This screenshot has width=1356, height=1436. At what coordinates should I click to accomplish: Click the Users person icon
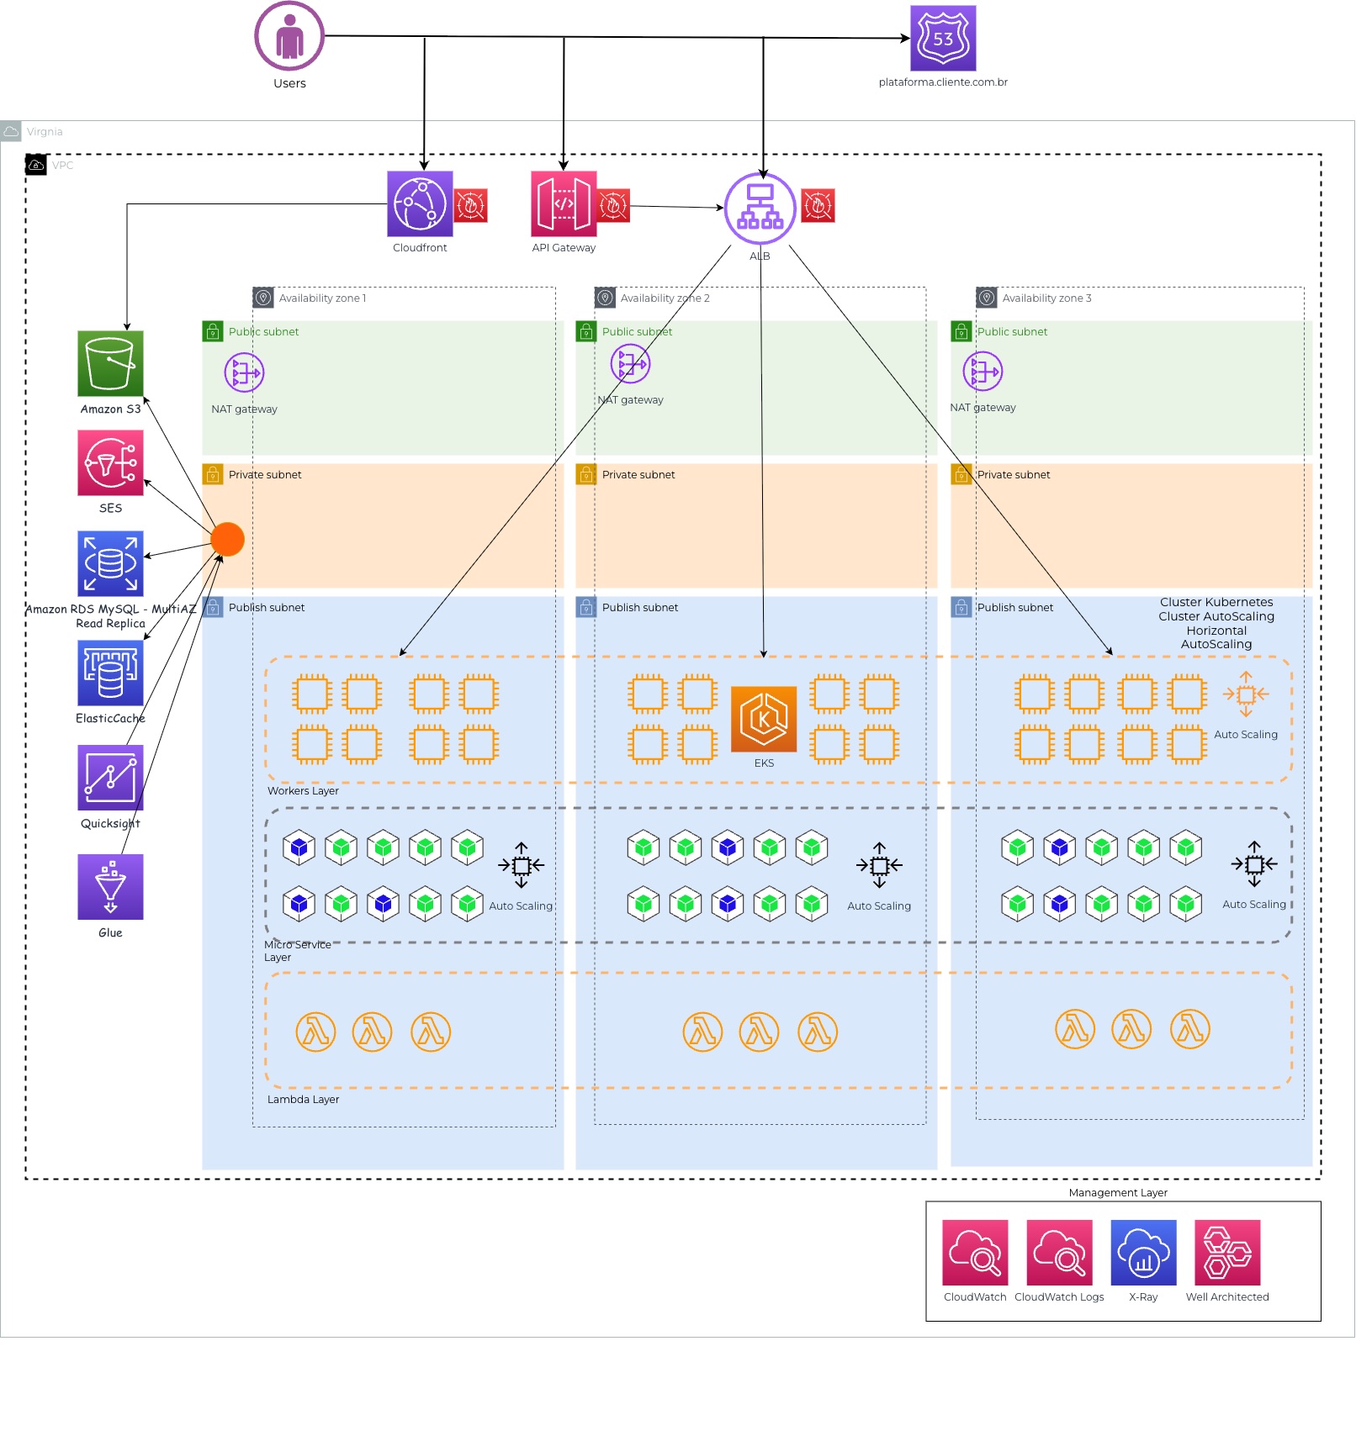click(x=289, y=36)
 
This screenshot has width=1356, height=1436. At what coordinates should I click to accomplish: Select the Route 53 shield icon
click(x=943, y=39)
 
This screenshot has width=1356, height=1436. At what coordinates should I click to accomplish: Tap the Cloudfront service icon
click(x=420, y=204)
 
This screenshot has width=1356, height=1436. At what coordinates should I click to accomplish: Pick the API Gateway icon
click(x=564, y=204)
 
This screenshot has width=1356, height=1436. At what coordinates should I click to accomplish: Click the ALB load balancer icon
click(x=760, y=209)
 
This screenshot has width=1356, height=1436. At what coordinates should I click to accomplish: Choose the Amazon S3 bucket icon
click(x=110, y=363)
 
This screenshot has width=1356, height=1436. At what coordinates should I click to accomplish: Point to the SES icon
click(x=110, y=462)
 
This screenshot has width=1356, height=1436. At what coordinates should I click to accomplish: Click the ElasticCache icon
click(x=110, y=673)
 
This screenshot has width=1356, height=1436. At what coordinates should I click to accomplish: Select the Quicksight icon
click(x=110, y=778)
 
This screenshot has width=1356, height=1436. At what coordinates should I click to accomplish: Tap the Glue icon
click(x=110, y=887)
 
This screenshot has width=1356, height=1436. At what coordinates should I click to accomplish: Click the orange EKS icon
click(x=764, y=719)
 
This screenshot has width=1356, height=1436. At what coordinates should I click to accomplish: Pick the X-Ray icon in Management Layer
click(x=1143, y=1253)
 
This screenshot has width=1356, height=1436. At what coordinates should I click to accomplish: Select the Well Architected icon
click(x=1227, y=1253)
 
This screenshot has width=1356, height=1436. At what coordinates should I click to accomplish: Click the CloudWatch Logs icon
click(x=1059, y=1253)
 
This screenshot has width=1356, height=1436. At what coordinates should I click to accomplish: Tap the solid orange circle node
click(x=227, y=539)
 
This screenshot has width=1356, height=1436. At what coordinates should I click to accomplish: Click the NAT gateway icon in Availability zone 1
click(x=244, y=372)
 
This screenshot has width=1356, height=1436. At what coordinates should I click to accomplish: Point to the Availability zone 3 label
click(x=1046, y=298)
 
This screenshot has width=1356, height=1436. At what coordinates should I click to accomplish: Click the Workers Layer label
click(x=303, y=791)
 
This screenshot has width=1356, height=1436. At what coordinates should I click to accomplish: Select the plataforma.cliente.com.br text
click(x=943, y=82)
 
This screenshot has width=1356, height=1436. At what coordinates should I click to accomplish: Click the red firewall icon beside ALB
click(x=818, y=205)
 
